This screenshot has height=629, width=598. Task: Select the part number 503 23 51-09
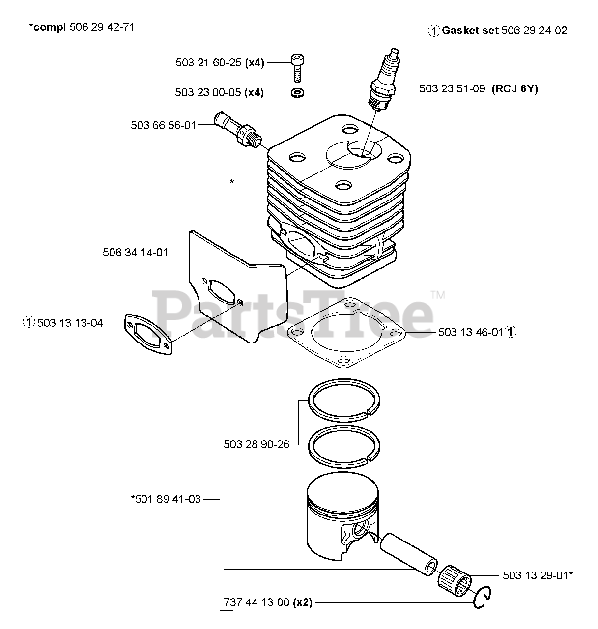(x=452, y=89)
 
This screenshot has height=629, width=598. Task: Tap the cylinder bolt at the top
(x=296, y=66)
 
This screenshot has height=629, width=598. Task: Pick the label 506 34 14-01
(x=135, y=252)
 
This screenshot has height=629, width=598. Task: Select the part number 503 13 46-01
(x=470, y=332)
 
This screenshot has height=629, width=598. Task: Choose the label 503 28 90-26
(x=256, y=444)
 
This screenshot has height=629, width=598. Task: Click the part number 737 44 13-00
(x=256, y=602)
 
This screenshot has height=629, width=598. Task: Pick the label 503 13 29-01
(x=536, y=575)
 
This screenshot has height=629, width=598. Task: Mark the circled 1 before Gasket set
(x=433, y=31)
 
